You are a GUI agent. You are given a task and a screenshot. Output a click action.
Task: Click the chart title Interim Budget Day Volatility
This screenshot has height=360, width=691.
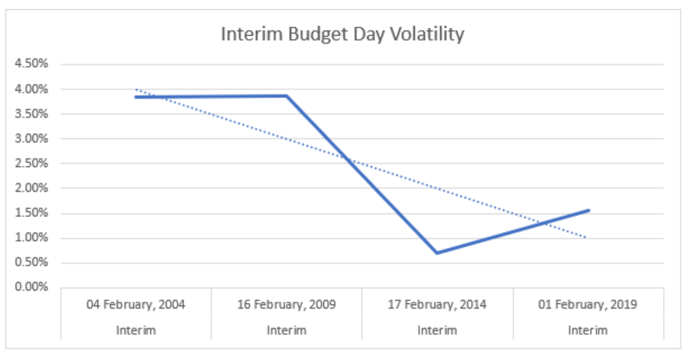(342, 34)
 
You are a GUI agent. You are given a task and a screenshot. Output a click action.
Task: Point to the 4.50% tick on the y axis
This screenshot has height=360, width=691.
(31, 64)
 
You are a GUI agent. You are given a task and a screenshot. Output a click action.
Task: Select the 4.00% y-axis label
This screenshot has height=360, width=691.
(31, 89)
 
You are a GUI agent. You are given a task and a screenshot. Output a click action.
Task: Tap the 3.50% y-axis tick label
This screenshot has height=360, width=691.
(31, 114)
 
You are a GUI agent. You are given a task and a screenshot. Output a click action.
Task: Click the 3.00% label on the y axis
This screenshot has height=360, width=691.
(31, 138)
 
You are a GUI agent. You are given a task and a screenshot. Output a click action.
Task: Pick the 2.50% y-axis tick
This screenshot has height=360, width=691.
(31, 163)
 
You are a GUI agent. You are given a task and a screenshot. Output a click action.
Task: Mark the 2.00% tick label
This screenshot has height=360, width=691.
(31, 188)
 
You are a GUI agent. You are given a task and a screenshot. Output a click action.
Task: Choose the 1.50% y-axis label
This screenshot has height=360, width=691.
(31, 213)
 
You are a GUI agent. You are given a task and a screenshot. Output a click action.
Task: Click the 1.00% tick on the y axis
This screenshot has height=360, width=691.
(31, 238)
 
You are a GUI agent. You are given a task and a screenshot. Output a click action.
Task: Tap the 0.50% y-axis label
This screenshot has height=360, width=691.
(31, 263)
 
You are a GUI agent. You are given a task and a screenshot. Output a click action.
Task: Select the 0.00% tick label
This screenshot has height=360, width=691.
(31, 287)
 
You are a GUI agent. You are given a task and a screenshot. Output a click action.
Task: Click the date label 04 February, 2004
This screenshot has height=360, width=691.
(136, 305)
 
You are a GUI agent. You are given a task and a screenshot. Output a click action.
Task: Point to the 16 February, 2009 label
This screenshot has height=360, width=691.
(287, 305)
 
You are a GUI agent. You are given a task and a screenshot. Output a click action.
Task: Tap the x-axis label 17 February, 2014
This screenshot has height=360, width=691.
(437, 305)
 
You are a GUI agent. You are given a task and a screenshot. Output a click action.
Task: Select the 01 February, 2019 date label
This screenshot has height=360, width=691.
(588, 305)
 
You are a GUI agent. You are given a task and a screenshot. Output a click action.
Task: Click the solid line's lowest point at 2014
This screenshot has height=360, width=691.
(437, 253)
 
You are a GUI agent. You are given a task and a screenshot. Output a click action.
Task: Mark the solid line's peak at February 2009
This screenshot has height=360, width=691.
(287, 96)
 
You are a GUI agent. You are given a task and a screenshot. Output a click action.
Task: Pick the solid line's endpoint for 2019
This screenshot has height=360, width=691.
(588, 210)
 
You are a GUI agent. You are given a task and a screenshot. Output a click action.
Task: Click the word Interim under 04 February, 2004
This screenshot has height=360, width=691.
(136, 330)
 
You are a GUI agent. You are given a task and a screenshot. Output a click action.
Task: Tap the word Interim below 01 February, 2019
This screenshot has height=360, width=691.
(588, 330)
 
